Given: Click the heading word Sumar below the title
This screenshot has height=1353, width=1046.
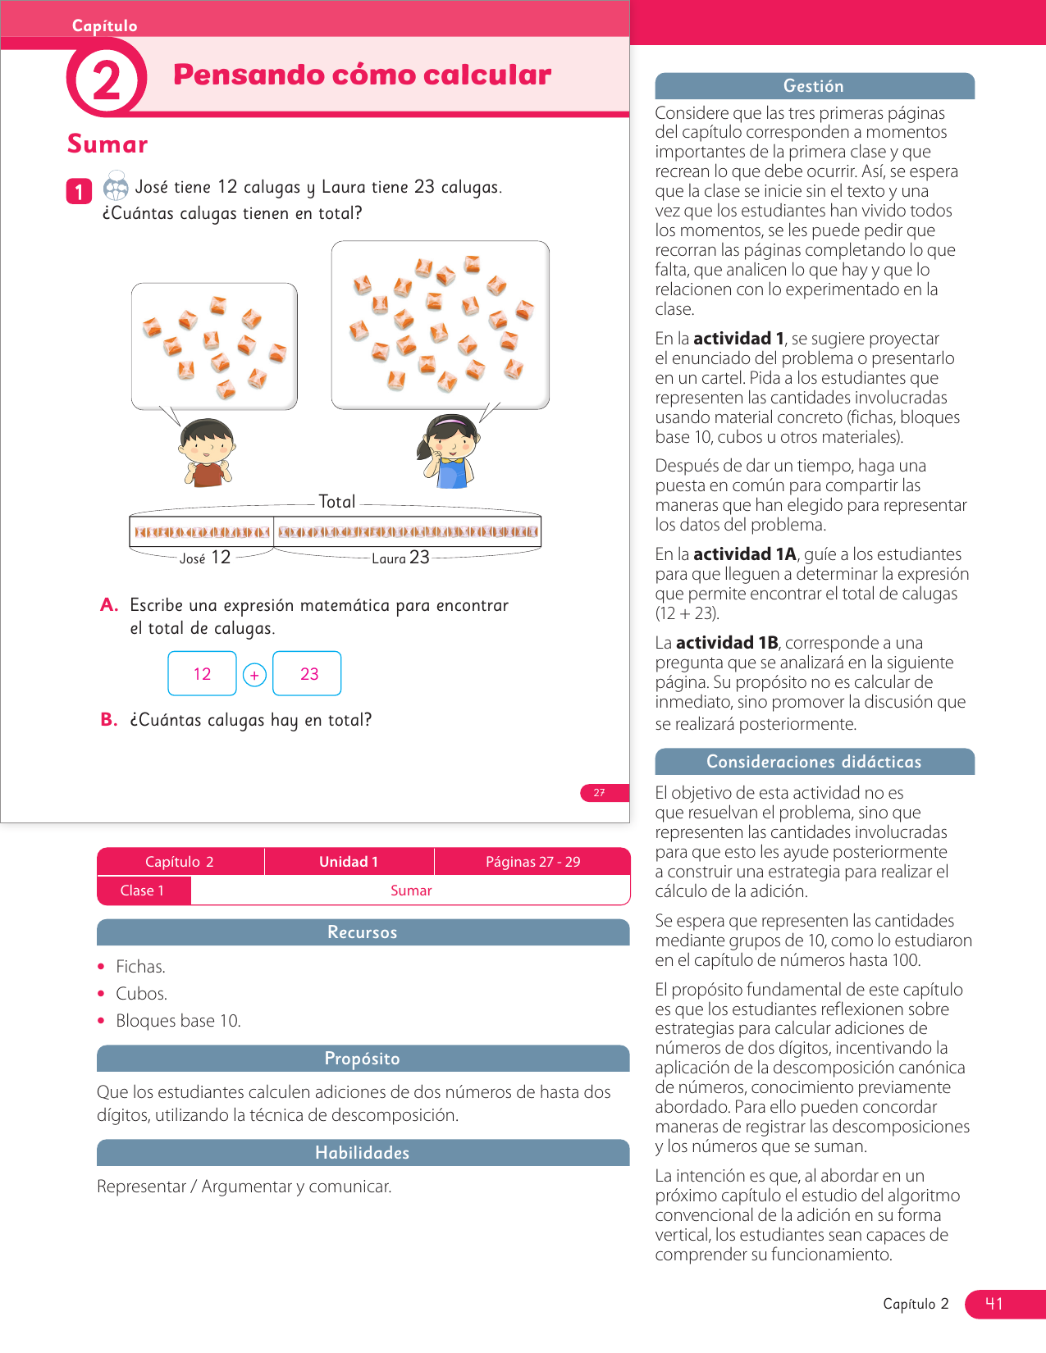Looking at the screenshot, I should [x=107, y=144].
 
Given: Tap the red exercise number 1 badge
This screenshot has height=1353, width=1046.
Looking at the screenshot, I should [x=79, y=192].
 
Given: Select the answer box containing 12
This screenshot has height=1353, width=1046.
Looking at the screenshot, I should [x=202, y=674].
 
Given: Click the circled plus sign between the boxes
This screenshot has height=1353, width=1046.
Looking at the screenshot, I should [x=254, y=675].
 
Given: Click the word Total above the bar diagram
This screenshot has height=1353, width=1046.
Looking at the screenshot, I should [x=336, y=502].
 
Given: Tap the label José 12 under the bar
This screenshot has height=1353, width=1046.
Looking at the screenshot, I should [x=205, y=558].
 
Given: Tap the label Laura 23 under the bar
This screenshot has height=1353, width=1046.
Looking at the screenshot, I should [x=400, y=558].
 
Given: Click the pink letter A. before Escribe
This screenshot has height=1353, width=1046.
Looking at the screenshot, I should [x=109, y=605].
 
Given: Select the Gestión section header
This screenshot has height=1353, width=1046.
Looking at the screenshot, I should [x=814, y=86].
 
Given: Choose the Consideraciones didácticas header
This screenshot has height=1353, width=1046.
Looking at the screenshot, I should [x=814, y=762].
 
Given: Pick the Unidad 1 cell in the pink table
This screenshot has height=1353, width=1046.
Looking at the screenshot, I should [x=349, y=862].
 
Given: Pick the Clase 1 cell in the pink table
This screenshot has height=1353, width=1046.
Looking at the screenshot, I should [x=143, y=891].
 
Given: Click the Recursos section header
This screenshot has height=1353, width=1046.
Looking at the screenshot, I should [x=363, y=932].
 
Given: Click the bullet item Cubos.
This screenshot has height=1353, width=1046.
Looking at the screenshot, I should [x=142, y=994].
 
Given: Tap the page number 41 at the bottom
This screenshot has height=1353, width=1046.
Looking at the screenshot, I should [x=994, y=1304].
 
